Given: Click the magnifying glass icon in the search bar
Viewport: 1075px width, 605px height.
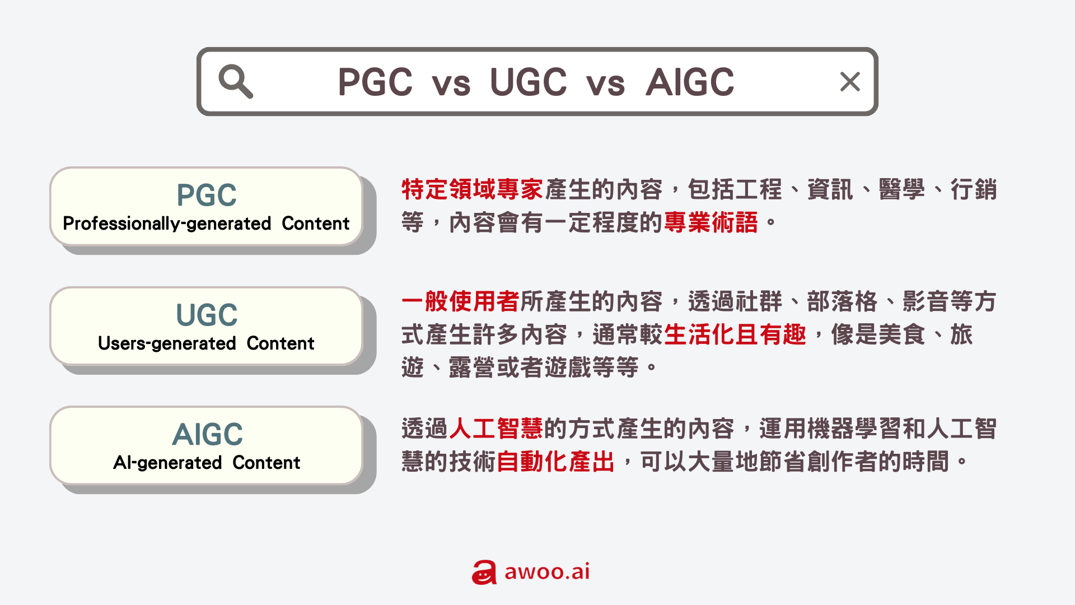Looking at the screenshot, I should pyautogui.click(x=235, y=82).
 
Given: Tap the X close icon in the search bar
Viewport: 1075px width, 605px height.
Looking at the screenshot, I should pyautogui.click(x=850, y=82).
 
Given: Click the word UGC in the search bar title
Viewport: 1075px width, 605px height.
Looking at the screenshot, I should pyautogui.click(x=528, y=82).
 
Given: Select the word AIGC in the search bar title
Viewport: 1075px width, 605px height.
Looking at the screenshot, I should pyautogui.click(x=689, y=82).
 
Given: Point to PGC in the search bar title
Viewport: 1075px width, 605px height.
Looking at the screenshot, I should pyautogui.click(x=375, y=82).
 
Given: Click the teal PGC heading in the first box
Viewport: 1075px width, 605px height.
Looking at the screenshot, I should pyautogui.click(x=207, y=195).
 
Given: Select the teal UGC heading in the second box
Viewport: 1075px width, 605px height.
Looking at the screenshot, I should pyautogui.click(x=207, y=315).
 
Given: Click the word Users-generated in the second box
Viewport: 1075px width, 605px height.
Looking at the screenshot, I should pyautogui.click(x=167, y=343).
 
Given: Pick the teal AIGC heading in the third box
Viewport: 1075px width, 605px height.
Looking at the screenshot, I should pyautogui.click(x=207, y=434).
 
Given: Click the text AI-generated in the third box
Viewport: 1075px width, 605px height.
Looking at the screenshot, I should pyautogui.click(x=167, y=463).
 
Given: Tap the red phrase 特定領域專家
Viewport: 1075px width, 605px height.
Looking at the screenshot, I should pyautogui.click(x=472, y=189).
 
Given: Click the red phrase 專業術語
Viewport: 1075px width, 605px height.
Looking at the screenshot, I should pyautogui.click(x=711, y=222).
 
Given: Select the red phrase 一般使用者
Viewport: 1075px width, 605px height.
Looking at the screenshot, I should pyautogui.click(x=460, y=301).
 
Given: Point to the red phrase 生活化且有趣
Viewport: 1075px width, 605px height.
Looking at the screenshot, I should pyautogui.click(x=735, y=334).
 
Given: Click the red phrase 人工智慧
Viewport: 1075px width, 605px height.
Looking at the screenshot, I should pyautogui.click(x=496, y=429).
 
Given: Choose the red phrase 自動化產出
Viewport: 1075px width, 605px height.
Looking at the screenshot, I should pyautogui.click(x=555, y=462).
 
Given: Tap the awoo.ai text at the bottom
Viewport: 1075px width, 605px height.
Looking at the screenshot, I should pyautogui.click(x=547, y=571).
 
